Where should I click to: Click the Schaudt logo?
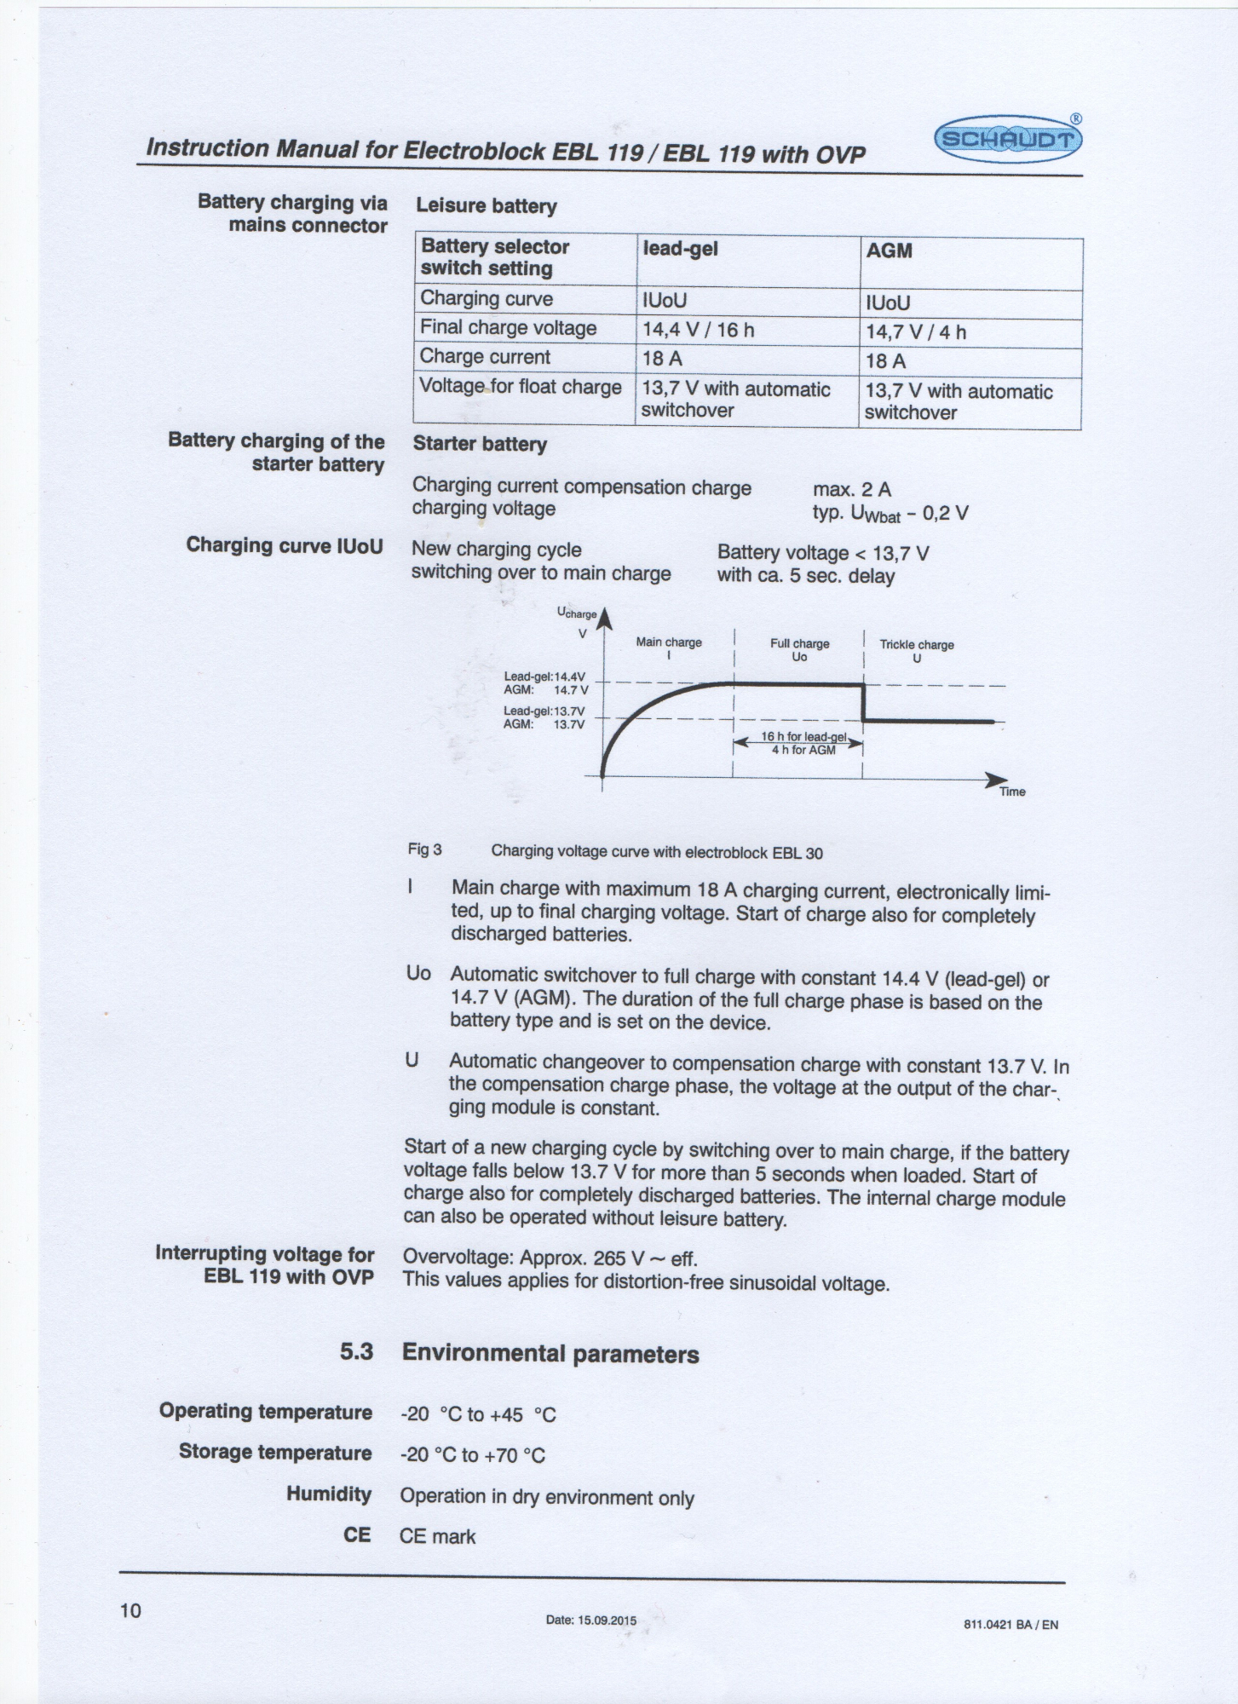[x=1008, y=139]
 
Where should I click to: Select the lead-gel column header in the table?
[x=680, y=249]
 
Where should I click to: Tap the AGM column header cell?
[x=889, y=250]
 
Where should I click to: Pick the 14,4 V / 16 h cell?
[x=698, y=330]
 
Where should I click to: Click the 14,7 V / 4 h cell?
[x=916, y=332]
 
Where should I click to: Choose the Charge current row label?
[x=485, y=357]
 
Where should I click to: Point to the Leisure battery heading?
[x=486, y=206]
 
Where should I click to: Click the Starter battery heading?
[x=480, y=444]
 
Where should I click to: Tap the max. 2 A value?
[x=852, y=489]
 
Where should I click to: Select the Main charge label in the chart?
[x=669, y=642]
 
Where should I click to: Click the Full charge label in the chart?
[x=799, y=644]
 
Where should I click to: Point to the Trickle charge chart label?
[x=917, y=645]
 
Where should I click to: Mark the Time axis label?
[x=1012, y=792]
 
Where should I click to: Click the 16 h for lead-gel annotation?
[x=803, y=736]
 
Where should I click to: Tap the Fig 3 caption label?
[x=424, y=849]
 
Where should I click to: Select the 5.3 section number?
[x=356, y=1352]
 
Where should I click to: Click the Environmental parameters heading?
[x=550, y=1354]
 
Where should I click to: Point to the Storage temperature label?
[x=275, y=1453]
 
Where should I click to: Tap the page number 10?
[x=130, y=1610]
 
